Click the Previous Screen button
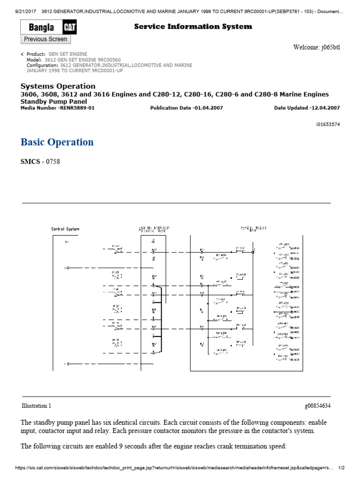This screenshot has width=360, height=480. pyautogui.click(x=45, y=39)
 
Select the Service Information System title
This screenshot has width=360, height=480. pyautogui.click(x=193, y=27)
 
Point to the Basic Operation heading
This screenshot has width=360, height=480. pyautogui.click(x=57, y=142)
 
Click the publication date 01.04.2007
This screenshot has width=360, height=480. pyautogui.click(x=209, y=108)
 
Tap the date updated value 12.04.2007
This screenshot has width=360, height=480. pyautogui.click(x=325, y=108)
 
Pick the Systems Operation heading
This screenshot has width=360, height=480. pyautogui.click(x=58, y=86)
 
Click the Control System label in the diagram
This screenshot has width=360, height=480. pyautogui.click(x=65, y=229)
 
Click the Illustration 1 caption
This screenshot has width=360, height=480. pyautogui.click(x=37, y=405)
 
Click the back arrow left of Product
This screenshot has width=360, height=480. pyautogui.click(x=22, y=54)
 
